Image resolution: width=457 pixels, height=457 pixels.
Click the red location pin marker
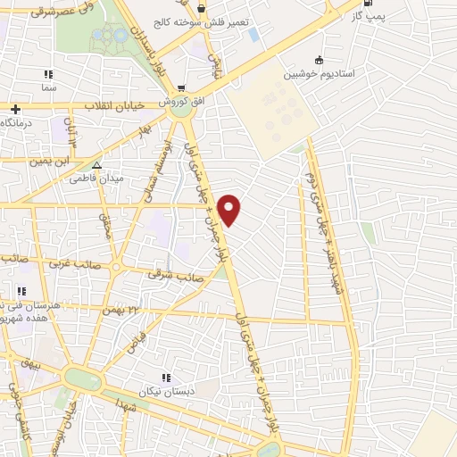230,209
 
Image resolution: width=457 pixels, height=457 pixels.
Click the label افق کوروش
187,103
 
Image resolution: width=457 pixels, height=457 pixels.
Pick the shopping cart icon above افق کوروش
182,89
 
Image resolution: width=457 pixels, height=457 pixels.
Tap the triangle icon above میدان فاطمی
97,165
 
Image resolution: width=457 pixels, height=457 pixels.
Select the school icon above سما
48,75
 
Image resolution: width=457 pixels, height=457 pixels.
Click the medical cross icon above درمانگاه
15,109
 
